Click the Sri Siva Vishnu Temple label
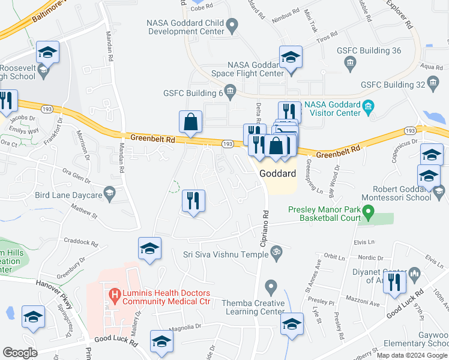(226, 253)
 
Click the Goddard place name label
(278, 173)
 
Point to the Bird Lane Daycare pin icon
(109, 193)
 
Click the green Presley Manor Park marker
(370, 212)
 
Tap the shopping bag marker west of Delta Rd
(190, 122)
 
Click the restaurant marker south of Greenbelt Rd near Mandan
(193, 201)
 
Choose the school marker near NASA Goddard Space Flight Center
(291, 58)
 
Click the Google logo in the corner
(20, 353)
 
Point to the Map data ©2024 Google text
(411, 355)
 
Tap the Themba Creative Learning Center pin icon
(272, 287)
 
